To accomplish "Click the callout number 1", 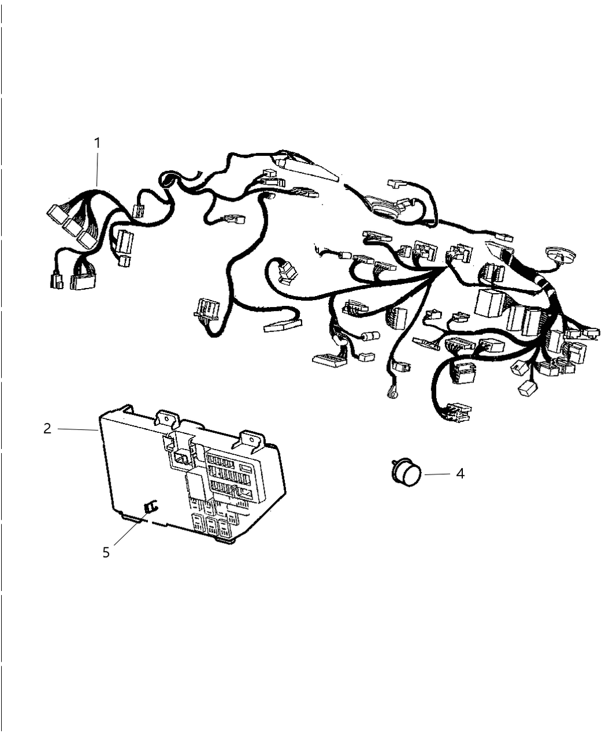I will [x=97, y=142].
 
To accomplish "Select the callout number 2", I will [x=47, y=429].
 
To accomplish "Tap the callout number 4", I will [x=460, y=473].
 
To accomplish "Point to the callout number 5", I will [x=106, y=553].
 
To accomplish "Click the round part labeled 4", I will [x=408, y=473].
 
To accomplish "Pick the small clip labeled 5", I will [x=150, y=507].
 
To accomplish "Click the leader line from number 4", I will [x=437, y=474].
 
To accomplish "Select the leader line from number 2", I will [x=77, y=429].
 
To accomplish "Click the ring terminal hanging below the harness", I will [x=390, y=394].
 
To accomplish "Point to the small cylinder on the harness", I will [x=370, y=335].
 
